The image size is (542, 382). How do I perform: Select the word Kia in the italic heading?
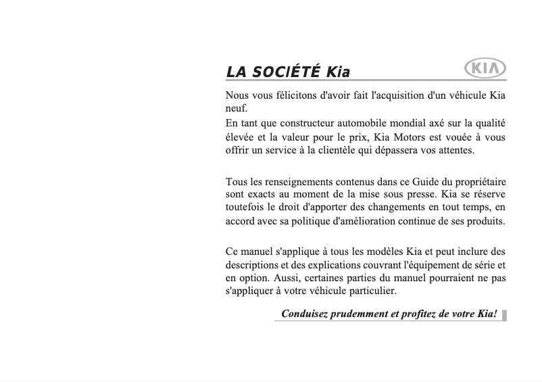[x=337, y=72]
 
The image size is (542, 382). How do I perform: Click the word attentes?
[x=454, y=150]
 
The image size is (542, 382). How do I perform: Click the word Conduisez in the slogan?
[x=305, y=314]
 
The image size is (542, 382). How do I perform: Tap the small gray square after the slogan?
[x=505, y=314]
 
